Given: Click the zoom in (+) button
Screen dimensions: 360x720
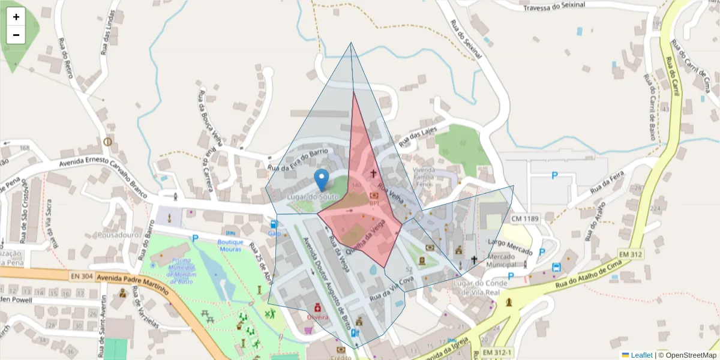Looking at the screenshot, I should pyautogui.click(x=16, y=17).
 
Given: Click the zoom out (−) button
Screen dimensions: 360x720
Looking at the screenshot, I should pyautogui.click(x=16, y=35).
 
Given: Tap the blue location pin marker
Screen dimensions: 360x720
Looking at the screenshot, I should pyautogui.click(x=322, y=179).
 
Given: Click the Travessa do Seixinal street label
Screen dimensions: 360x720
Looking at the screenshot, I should pyautogui.click(x=562, y=7).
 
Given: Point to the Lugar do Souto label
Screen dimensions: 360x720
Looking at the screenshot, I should pyautogui.click(x=309, y=197).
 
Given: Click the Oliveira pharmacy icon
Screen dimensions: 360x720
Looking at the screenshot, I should pyautogui.click(x=317, y=307).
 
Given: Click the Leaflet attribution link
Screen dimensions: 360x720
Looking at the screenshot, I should pyautogui.click(x=641, y=355).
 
